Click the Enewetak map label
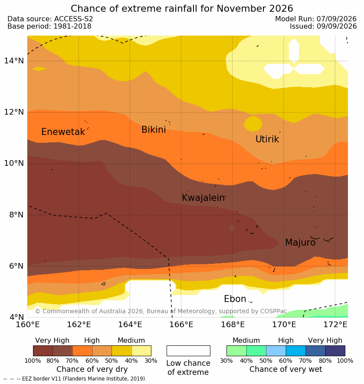pos(63,132)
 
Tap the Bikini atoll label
pos(154,130)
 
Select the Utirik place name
pos(267,139)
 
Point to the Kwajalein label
pos(203,197)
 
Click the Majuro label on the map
pos(300,243)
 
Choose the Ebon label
pos(235,299)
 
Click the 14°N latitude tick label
pos(14,60)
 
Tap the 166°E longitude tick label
pos(181,325)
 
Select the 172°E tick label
pos(335,325)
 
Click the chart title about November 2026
pos(182,9)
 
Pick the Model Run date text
pos(316,19)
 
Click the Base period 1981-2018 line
pos(49,26)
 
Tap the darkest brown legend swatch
pos(43,351)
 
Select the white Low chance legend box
pos(188,351)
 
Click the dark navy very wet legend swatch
pos(335,351)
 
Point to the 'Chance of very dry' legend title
pos(92,369)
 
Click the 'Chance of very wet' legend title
pos(285,369)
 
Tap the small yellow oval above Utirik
pos(253,124)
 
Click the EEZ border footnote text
pos(75,379)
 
